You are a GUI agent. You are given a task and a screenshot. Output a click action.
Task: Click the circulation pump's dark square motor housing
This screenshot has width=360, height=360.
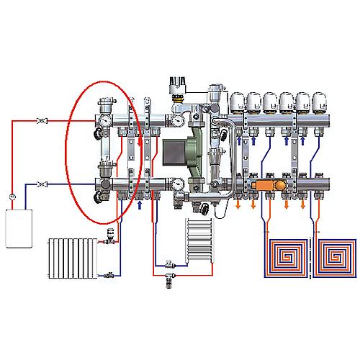[x=173, y=153]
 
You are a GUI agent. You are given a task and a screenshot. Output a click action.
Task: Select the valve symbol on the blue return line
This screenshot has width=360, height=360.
[x=43, y=184]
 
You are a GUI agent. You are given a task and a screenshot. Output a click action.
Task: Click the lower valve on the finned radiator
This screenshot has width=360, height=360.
[x=109, y=274]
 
